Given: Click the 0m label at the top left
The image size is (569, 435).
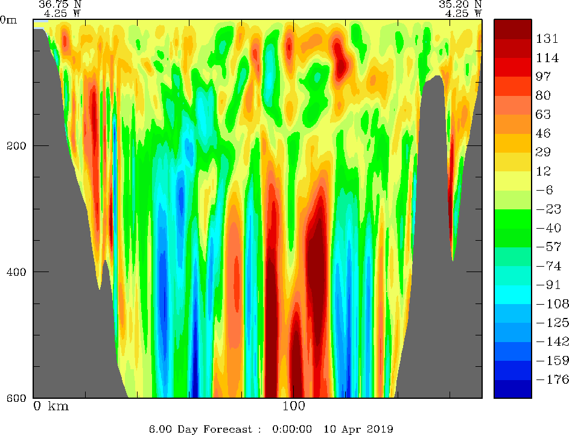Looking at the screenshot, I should pos(8,19).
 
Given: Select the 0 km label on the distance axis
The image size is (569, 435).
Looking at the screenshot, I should pos(51,407).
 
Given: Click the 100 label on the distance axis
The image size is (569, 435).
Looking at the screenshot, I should pos(293,407).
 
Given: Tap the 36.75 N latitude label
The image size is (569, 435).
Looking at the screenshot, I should pos(60,4).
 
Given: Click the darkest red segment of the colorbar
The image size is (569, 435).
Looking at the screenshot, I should pos(512,29).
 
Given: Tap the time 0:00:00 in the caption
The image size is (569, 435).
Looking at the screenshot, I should pos(291,429).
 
